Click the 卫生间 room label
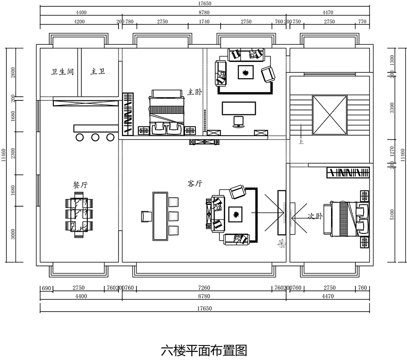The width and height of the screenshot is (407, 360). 62,72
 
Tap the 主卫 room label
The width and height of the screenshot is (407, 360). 98,72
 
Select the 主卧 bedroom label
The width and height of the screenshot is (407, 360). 194,92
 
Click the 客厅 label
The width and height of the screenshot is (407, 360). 194,184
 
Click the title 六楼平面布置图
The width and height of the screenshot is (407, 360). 204,350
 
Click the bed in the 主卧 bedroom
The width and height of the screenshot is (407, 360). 167,110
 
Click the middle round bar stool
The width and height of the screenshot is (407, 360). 95,137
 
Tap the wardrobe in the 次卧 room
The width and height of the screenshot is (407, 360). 348,172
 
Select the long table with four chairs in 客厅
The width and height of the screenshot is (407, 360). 160,216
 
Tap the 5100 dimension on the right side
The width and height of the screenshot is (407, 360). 392,214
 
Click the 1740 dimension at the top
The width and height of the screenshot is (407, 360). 204,21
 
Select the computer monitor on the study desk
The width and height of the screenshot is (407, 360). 238,121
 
